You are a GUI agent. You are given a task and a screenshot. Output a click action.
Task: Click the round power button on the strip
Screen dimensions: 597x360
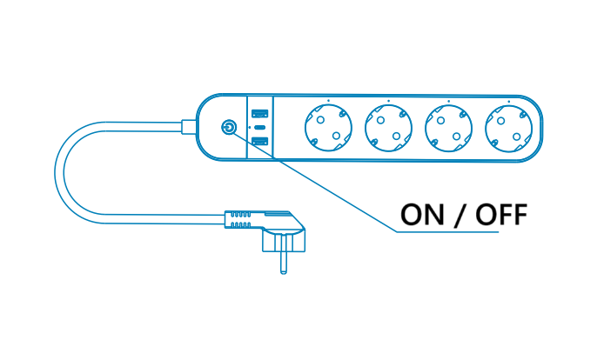pyautogui.click(x=228, y=127)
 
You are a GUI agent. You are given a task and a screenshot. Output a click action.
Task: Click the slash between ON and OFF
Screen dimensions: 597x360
pyautogui.click(x=459, y=214)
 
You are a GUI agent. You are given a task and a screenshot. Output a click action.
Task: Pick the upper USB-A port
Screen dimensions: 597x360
pyautogui.click(x=259, y=114)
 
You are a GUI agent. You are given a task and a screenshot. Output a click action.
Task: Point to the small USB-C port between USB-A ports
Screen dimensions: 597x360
pyautogui.click(x=259, y=128)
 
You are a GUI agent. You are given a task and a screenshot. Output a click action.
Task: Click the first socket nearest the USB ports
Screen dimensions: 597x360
pyautogui.click(x=327, y=128)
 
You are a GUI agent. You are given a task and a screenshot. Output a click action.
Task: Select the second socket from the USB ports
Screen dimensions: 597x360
pyautogui.click(x=388, y=128)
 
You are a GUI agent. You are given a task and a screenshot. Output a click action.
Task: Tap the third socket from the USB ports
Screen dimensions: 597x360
pyautogui.click(x=448, y=128)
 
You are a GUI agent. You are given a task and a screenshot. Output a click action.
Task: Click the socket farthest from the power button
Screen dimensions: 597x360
pyautogui.click(x=509, y=128)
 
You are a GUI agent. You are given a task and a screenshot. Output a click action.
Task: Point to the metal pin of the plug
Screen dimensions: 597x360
pyautogui.click(x=283, y=261)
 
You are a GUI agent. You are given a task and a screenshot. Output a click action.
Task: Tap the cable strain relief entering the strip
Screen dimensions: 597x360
pyautogui.click(x=189, y=127)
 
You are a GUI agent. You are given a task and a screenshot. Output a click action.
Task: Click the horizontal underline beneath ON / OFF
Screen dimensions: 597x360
pyautogui.click(x=461, y=232)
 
